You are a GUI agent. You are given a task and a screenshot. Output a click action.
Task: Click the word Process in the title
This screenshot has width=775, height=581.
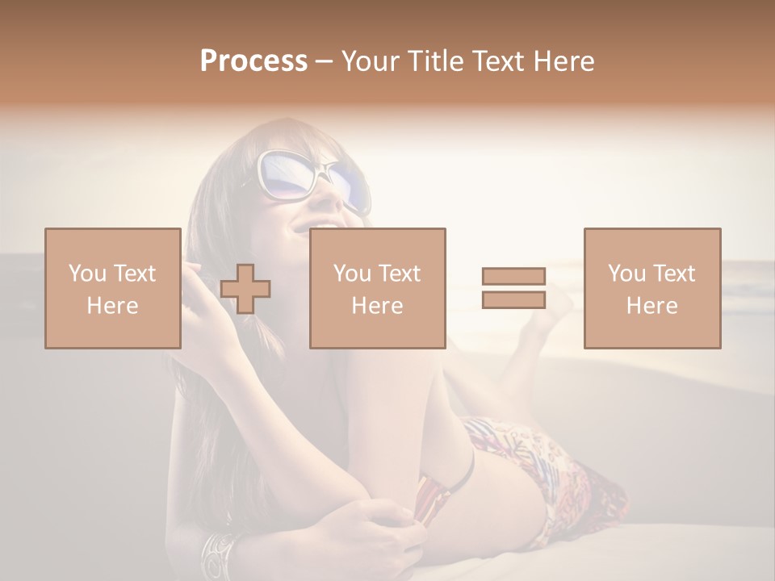(x=253, y=61)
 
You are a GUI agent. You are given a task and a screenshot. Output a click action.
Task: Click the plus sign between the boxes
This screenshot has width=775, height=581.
(x=245, y=289)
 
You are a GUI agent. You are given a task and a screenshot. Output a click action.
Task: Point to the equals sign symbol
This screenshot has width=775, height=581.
(x=513, y=288)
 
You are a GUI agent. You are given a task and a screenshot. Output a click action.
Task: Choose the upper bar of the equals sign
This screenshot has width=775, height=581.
(x=513, y=277)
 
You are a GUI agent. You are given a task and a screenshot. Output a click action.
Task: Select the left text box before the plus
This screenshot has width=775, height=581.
(x=113, y=288)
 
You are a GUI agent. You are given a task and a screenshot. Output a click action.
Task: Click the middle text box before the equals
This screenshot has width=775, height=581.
(x=377, y=288)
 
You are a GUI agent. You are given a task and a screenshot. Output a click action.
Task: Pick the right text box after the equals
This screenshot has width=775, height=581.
(x=651, y=288)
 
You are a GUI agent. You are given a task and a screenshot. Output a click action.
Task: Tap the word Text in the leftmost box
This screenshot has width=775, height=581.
(x=134, y=274)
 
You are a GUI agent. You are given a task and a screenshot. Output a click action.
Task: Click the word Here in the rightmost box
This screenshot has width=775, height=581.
(x=651, y=306)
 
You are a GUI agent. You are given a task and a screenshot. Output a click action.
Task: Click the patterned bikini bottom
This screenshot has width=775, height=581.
(x=557, y=476)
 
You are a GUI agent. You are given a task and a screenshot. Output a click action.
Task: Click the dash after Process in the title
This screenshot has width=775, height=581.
(x=324, y=62)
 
